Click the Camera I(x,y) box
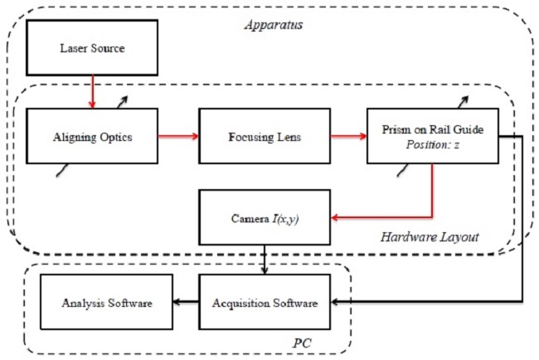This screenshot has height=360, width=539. [x=265, y=217]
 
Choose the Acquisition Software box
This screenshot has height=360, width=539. [x=265, y=303]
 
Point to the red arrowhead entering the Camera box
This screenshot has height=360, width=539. [x=335, y=218]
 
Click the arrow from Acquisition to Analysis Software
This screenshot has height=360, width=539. [x=186, y=303]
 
